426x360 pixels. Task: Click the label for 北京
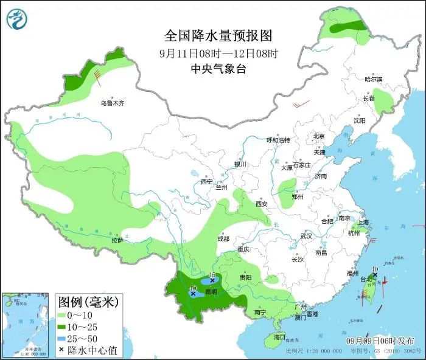click(x=319, y=136)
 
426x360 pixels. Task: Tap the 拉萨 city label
click(x=117, y=240)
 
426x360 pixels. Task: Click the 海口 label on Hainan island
click(x=279, y=336)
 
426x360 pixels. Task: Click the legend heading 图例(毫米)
click(x=88, y=302)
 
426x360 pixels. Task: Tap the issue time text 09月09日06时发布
click(x=380, y=341)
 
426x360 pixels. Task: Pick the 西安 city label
click(x=262, y=204)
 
